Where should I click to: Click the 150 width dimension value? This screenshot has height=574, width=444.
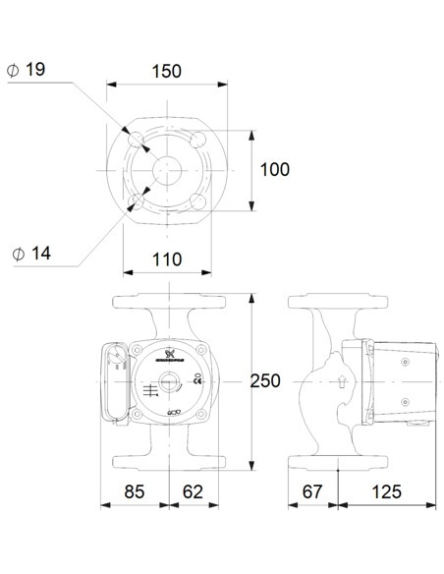168,72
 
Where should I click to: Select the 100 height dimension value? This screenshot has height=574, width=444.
274,169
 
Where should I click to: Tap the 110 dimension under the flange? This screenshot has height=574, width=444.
168,259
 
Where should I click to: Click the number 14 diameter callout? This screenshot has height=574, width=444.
40,253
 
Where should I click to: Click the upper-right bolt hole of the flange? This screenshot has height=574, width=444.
200,137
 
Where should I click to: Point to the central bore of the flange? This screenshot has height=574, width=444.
168,169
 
